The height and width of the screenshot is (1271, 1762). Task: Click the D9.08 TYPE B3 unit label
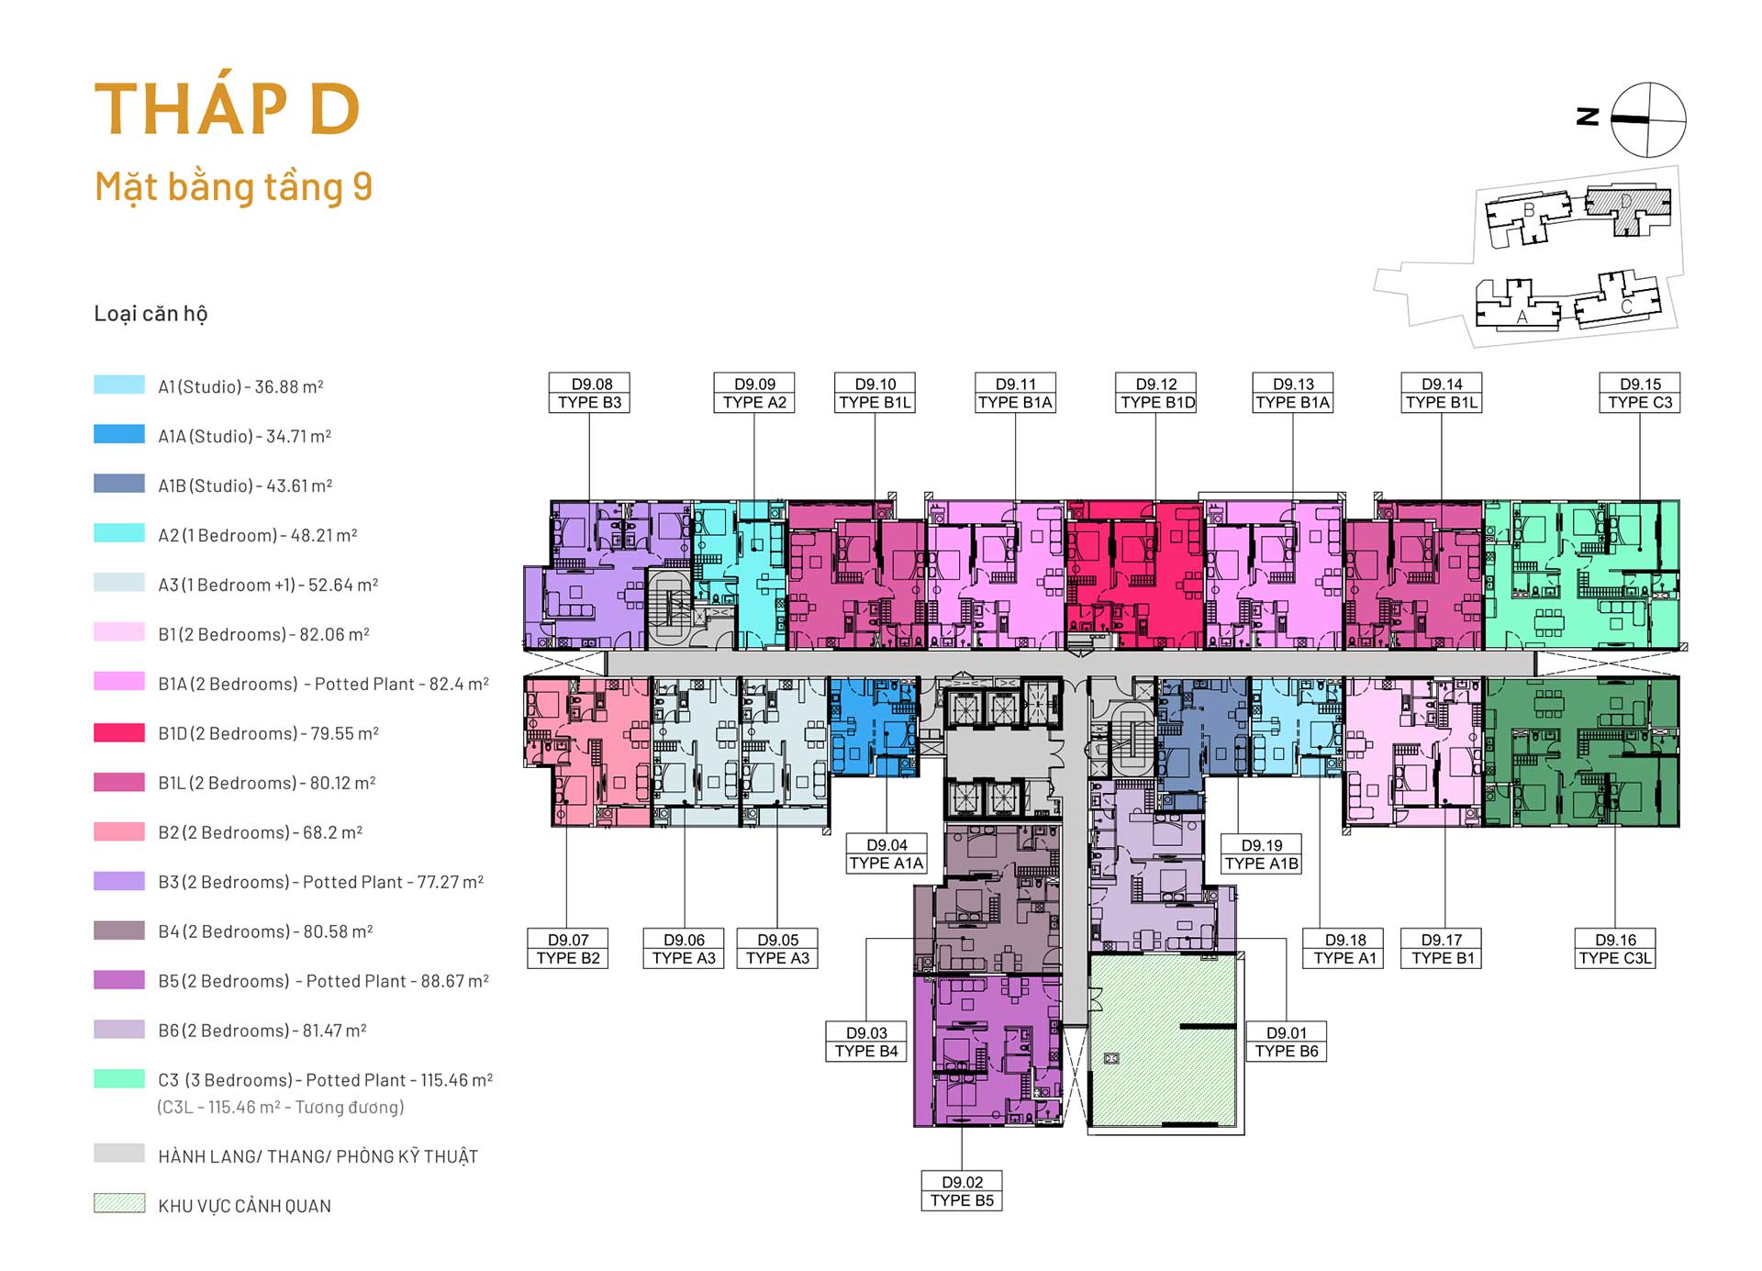(589, 393)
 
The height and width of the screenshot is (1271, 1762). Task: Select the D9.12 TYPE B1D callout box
(1156, 393)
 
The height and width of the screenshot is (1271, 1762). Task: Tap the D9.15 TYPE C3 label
(1640, 393)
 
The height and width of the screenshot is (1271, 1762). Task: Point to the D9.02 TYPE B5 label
(962, 1191)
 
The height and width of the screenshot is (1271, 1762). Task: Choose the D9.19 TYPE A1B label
(1262, 854)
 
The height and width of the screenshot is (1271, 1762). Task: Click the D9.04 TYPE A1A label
(887, 854)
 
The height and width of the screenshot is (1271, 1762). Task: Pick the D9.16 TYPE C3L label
(1615, 949)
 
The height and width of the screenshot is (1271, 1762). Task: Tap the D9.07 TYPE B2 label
(568, 949)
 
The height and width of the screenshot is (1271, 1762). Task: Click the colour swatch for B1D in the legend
(119, 732)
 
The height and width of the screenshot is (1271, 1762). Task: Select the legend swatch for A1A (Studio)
(119, 434)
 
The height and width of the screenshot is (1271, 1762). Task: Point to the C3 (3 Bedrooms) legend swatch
(119, 1078)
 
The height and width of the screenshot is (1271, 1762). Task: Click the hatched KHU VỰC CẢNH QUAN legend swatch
(119, 1203)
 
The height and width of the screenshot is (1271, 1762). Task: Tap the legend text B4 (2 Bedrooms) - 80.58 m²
(265, 931)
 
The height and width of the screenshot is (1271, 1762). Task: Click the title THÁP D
(227, 108)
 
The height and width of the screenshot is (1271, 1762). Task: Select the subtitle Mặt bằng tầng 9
(233, 187)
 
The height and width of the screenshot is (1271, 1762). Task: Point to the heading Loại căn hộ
(151, 314)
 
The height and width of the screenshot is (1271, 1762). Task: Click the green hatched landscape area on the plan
(1163, 1040)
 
